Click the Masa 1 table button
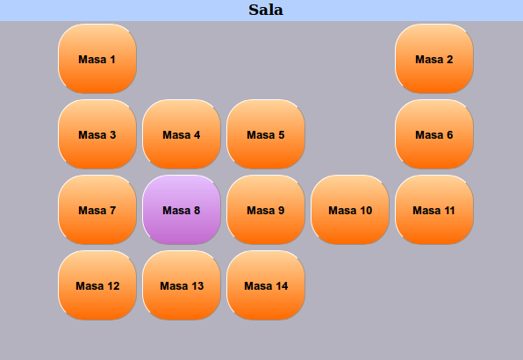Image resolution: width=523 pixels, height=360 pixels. pyautogui.click(x=97, y=58)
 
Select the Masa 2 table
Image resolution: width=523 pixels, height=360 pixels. pyautogui.click(x=434, y=58)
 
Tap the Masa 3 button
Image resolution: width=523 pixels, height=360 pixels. pyautogui.click(x=97, y=134)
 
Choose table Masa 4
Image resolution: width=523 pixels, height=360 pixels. pyautogui.click(x=182, y=134)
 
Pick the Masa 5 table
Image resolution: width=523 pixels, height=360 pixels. pyautogui.click(x=266, y=134)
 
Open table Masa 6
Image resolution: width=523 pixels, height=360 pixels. pyautogui.click(x=434, y=134)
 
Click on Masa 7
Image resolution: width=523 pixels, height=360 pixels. pyautogui.click(x=97, y=210)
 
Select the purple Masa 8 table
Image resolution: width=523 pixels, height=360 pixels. pyautogui.click(x=182, y=210)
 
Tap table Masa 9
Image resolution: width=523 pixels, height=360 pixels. pyautogui.click(x=266, y=210)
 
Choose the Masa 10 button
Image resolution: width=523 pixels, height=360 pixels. pyautogui.click(x=350, y=210)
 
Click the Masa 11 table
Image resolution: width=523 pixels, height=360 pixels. pyautogui.click(x=434, y=210)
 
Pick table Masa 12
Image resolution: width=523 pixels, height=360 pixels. pyautogui.click(x=97, y=285)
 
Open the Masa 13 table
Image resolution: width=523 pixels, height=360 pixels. pyautogui.click(x=182, y=285)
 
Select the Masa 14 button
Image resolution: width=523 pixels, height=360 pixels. pyautogui.click(x=266, y=285)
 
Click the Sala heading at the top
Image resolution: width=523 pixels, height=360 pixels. pyautogui.click(x=266, y=10)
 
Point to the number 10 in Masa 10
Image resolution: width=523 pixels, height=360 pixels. pyautogui.click(x=366, y=211)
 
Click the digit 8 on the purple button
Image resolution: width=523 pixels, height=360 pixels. pyautogui.click(x=197, y=211)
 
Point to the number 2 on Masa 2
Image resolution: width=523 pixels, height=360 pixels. pyautogui.click(x=449, y=60)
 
